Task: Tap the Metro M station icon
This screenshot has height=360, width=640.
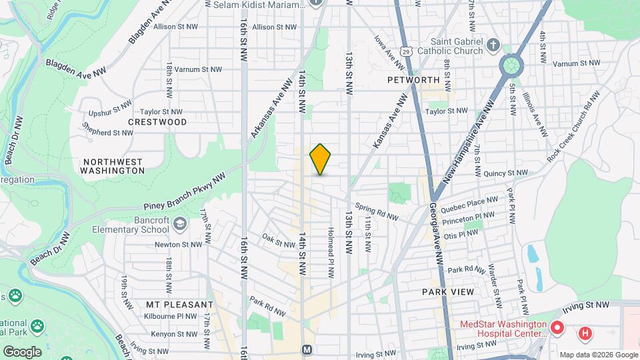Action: tap(307, 349)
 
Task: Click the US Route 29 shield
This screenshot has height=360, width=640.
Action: tap(407, 51)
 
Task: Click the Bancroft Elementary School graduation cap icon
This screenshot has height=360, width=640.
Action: tap(179, 223)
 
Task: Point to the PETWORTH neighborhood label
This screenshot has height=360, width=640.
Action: tap(413, 80)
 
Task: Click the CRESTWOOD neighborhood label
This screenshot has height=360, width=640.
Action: tap(157, 123)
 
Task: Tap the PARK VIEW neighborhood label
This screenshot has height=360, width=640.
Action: tap(448, 292)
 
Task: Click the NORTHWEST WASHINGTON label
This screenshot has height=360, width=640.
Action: tap(113, 166)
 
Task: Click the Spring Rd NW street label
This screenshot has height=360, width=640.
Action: tap(377, 212)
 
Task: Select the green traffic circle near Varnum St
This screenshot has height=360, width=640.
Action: tap(511, 65)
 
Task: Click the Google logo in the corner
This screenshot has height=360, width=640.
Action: tap(21, 351)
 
